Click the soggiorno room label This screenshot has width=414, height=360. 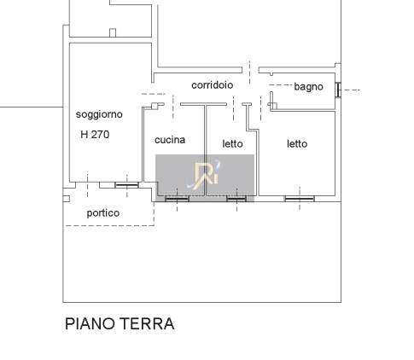[99, 114]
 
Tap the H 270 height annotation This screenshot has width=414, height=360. [95, 134]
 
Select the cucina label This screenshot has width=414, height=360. [170, 140]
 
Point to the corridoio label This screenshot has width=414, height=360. [213, 85]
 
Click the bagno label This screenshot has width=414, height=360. [308, 86]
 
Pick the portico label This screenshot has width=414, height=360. [103, 213]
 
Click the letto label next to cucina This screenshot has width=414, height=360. [232, 143]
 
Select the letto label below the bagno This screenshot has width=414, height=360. [297, 143]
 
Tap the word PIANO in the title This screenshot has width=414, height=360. [90, 323]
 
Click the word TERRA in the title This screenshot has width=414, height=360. [147, 323]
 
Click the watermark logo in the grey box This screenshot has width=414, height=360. [205, 175]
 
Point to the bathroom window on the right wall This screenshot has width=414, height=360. [338, 90]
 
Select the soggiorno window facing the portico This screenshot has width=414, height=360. [126, 185]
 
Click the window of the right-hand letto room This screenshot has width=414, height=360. [300, 199]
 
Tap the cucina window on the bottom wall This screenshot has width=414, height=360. [177, 199]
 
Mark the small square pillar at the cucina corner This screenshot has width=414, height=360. [155, 106]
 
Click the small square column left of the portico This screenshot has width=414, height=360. [66, 199]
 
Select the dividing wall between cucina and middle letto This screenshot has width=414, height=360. [205, 151]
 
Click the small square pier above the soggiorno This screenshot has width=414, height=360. [113, 32]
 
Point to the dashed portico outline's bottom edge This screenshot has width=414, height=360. [110, 226]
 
